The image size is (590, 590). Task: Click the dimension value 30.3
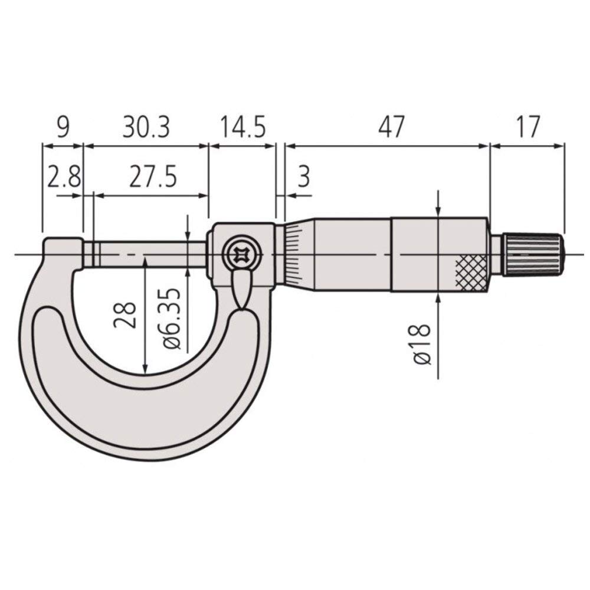(146, 127)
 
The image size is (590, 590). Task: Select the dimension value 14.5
(242, 127)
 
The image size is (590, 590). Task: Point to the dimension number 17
(527, 127)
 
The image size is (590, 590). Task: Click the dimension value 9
(63, 127)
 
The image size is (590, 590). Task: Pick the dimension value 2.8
(63, 177)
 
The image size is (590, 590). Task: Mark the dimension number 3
(303, 177)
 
